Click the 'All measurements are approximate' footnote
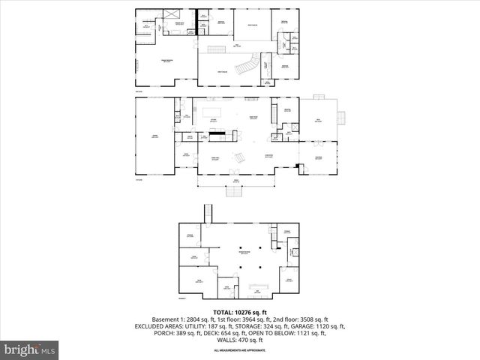240,350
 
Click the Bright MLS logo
30,349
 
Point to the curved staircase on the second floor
246,67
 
